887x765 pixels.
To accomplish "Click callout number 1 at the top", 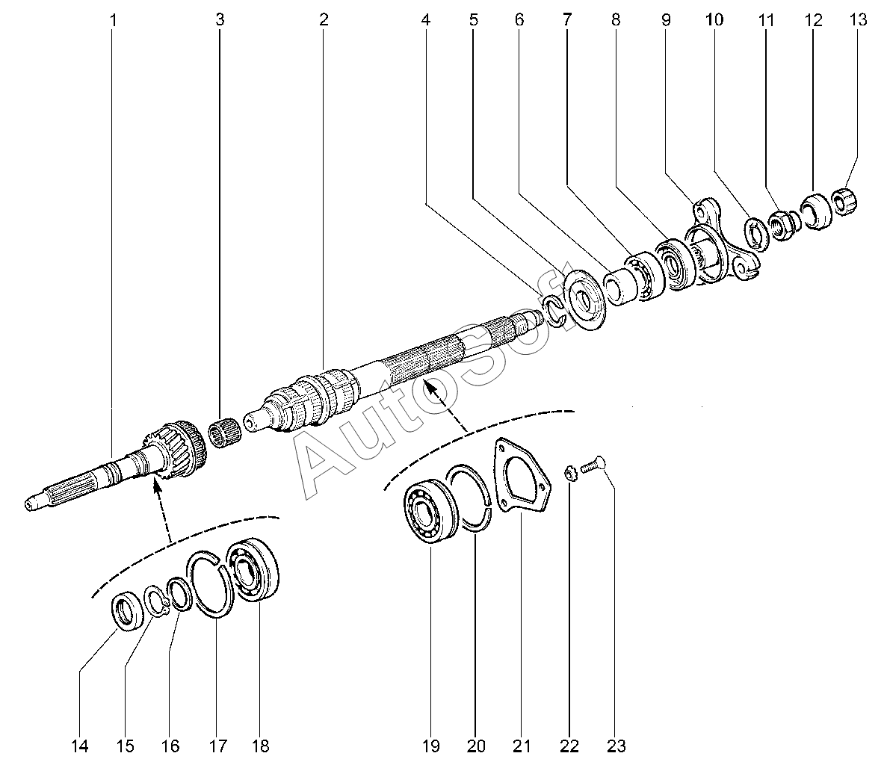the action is pos(113,20).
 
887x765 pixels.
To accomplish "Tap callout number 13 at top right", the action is pos(858,19).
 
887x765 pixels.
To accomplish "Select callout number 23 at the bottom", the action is pos(616,746).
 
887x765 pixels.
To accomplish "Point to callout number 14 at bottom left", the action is pos(80,746).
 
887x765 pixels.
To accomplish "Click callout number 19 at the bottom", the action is pos(430,746).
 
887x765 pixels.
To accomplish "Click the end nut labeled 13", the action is pos(844,202).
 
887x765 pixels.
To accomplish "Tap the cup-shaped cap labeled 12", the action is pos(816,211).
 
